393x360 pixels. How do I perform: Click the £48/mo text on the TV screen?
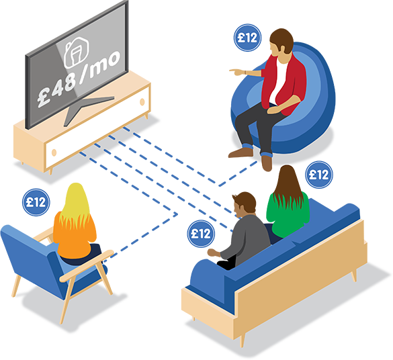click(x=79, y=79)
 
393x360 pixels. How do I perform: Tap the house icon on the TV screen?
click(x=77, y=52)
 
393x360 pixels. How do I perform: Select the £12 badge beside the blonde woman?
click(x=36, y=202)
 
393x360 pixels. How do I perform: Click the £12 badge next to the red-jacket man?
click(x=248, y=38)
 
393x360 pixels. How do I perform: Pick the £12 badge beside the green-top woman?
click(x=319, y=175)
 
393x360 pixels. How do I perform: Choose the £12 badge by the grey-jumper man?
click(x=201, y=234)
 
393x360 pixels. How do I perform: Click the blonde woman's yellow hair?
click(x=75, y=203)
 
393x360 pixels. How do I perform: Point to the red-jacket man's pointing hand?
click(x=237, y=72)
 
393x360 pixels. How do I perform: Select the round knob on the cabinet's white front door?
click(x=54, y=152)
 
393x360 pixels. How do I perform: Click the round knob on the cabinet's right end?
click(x=142, y=102)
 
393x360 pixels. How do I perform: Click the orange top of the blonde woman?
click(x=75, y=236)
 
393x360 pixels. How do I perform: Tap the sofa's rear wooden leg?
click(x=354, y=275)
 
